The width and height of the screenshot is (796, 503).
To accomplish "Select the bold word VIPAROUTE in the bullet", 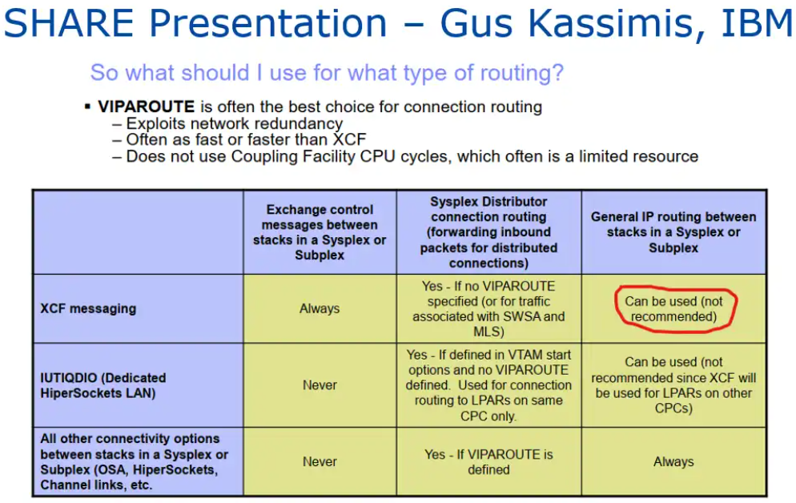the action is coord(147,107).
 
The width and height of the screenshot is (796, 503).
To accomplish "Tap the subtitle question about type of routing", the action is coord(327,73).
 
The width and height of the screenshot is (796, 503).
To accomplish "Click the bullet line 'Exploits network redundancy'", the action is coord(235,123).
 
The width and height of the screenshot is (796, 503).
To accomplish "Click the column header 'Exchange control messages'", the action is coord(320,232).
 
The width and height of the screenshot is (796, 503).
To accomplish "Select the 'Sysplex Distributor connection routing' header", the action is coord(488,232).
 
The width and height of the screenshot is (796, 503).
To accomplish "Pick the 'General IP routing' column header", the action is coord(673,232).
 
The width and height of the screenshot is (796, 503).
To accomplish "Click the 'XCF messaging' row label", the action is coord(88,308).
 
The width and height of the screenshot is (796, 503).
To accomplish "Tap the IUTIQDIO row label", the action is coord(103,385).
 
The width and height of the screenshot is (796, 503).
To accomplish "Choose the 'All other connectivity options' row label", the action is coord(134,462).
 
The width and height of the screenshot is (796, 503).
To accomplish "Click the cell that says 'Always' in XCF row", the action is coord(320,308).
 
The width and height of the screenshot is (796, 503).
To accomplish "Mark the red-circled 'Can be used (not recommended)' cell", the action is coord(673,308).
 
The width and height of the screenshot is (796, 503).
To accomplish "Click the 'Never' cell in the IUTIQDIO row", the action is coord(320,385).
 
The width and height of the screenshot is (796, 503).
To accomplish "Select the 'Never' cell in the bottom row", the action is coord(320,462).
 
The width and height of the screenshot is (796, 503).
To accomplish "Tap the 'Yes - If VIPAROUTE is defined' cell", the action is coord(488,462).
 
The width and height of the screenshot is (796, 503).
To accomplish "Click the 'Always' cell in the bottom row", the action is coord(673,462).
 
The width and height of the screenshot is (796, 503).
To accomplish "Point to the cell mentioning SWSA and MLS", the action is coord(488,308).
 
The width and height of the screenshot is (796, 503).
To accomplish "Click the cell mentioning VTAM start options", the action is coord(488,385).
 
